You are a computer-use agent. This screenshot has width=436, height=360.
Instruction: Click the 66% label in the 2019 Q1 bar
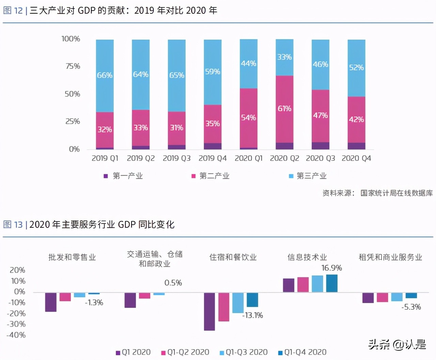105,75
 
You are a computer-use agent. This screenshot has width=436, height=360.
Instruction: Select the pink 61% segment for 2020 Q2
284,109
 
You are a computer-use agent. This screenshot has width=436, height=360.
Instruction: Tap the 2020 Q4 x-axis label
356,158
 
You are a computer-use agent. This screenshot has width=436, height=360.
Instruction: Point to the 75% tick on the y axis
73,66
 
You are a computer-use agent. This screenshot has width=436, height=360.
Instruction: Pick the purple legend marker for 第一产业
106,176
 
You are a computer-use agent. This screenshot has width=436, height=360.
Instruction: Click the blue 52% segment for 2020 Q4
356,68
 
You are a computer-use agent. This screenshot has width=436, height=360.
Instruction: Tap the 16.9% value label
331,268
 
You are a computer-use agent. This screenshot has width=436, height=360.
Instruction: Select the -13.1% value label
252,315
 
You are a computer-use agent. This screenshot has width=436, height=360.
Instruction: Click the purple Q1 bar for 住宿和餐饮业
209,311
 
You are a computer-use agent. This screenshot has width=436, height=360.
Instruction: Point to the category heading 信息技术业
307,257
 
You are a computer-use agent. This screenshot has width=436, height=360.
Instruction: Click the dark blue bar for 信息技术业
332,283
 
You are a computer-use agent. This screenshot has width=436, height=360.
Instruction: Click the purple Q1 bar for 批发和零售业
51,302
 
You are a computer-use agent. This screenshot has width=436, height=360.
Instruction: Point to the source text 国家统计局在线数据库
396,193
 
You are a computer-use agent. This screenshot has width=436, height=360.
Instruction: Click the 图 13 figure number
13,225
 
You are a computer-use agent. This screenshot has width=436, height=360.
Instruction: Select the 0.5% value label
173,283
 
